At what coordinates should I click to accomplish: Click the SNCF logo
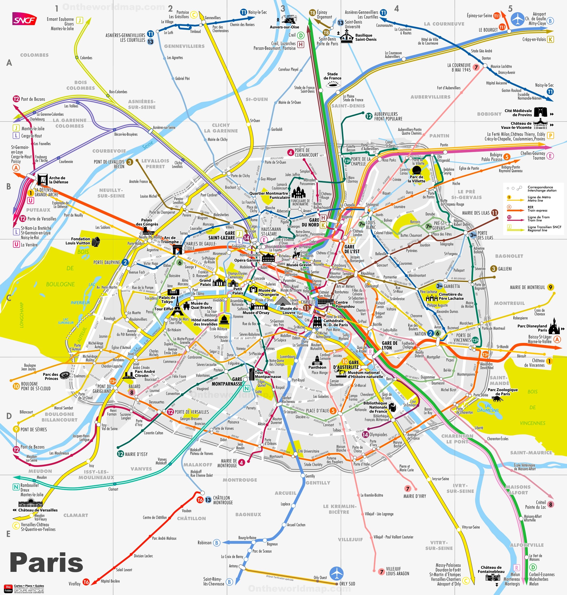tap(24, 20)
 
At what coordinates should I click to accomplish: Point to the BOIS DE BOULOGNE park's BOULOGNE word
tap(60, 284)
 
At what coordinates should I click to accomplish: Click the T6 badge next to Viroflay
tap(86, 582)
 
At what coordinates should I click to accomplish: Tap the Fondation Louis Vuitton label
tap(78, 241)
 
